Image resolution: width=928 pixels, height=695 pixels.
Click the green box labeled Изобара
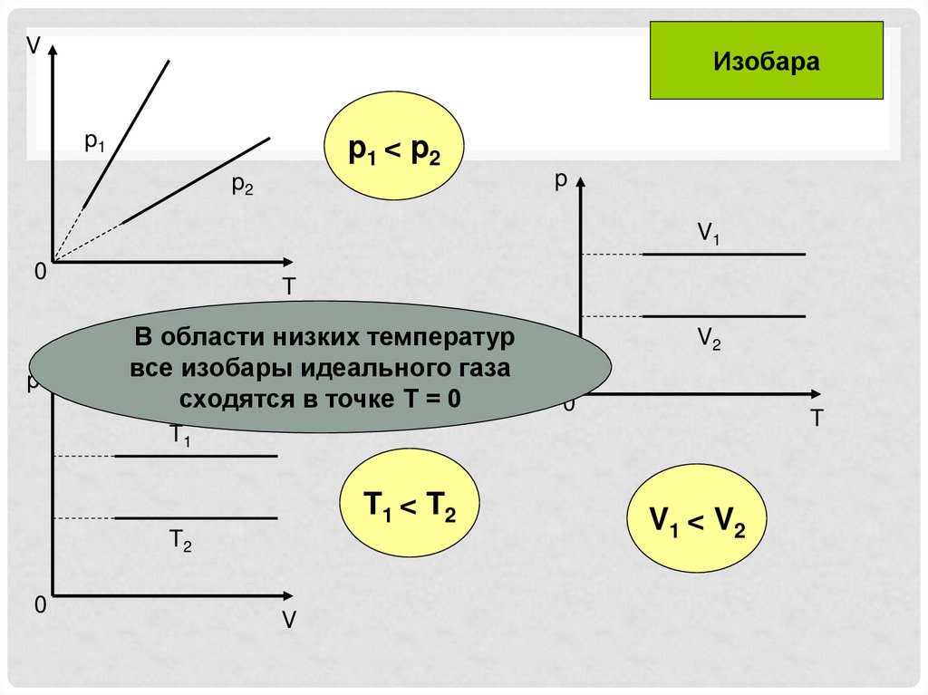[x=766, y=61]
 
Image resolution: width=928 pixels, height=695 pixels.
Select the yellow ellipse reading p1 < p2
[x=394, y=150]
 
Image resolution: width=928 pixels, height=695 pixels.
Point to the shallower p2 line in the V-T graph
[x=197, y=179]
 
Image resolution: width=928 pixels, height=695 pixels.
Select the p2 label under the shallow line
[x=242, y=186]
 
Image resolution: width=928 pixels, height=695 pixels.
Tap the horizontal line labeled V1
[x=723, y=255]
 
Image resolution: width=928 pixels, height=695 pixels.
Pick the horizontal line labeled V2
[x=723, y=316]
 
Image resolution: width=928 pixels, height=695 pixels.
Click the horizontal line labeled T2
[x=195, y=518]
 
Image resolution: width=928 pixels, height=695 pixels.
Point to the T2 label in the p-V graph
[x=180, y=542]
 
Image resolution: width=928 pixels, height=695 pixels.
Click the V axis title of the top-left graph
[x=33, y=45]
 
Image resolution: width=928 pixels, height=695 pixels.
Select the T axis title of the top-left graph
[x=288, y=287]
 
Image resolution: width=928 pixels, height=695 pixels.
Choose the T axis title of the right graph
[x=817, y=419]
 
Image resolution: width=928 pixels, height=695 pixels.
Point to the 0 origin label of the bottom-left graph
[x=40, y=605]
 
